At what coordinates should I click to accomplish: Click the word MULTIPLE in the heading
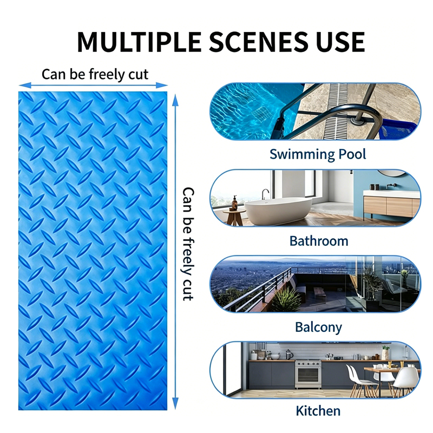[139, 42]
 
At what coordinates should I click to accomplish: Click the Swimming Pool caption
[318, 154]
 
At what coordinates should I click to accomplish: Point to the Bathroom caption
[319, 241]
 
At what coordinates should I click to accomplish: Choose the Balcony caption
[318, 327]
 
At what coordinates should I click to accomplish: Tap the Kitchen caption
[318, 411]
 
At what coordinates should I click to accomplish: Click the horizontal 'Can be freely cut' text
[95, 74]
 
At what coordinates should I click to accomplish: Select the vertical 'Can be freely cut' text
[188, 244]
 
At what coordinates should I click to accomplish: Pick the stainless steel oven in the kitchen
[308, 374]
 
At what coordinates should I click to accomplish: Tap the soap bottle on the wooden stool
[234, 203]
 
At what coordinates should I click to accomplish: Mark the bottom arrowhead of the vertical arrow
[175, 404]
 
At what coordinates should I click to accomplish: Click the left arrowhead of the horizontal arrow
[25, 86]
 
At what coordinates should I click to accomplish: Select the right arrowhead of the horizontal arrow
[162, 86]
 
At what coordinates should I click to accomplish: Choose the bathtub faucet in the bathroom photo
[265, 194]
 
